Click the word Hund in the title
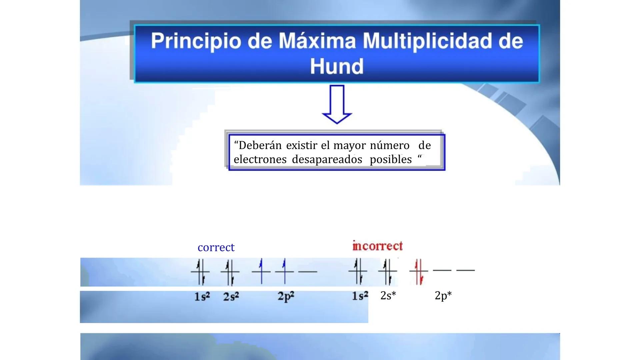tap(337, 66)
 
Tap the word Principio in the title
tap(196, 41)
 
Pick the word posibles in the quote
tap(391, 160)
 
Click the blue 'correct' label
tap(216, 247)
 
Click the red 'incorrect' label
tap(377, 246)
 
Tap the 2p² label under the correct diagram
tap(286, 296)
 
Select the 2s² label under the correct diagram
tap(231, 296)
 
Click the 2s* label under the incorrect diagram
tap(388, 295)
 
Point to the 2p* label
tap(443, 295)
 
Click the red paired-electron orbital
tap(419, 271)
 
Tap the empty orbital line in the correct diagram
tap(308, 272)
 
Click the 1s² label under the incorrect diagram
tap(360, 295)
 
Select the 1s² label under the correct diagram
tap(202, 296)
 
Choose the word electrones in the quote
tap(260, 160)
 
